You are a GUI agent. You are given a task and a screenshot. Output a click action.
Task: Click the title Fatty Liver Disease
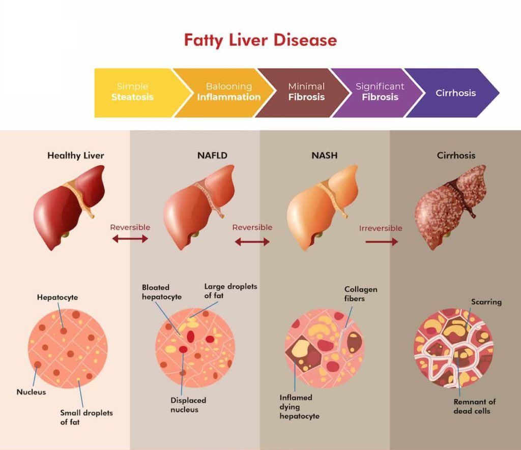pyautogui.click(x=260, y=40)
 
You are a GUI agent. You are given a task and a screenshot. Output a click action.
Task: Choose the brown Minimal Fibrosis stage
pyautogui.click(x=306, y=92)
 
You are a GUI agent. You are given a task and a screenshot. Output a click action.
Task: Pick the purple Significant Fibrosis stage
pyautogui.click(x=380, y=92)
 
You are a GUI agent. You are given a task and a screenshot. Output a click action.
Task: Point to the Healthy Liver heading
pyautogui.click(x=75, y=156)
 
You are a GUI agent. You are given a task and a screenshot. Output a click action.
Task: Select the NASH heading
pyautogui.click(x=325, y=156)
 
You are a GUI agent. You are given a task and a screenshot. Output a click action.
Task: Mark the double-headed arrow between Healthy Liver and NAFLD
pyautogui.click(x=130, y=238)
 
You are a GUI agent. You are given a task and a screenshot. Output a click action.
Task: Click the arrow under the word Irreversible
pyautogui.click(x=381, y=242)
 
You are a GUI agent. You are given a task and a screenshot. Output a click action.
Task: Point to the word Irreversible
pyautogui.click(x=381, y=228)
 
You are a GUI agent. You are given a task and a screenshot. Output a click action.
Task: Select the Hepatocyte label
pyautogui.click(x=57, y=297)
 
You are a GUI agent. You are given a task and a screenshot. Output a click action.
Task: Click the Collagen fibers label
pyautogui.click(x=361, y=294)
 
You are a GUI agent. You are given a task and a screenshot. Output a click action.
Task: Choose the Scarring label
pyautogui.click(x=486, y=302)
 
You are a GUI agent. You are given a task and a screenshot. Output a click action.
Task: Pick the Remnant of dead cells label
pyautogui.click(x=474, y=406)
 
